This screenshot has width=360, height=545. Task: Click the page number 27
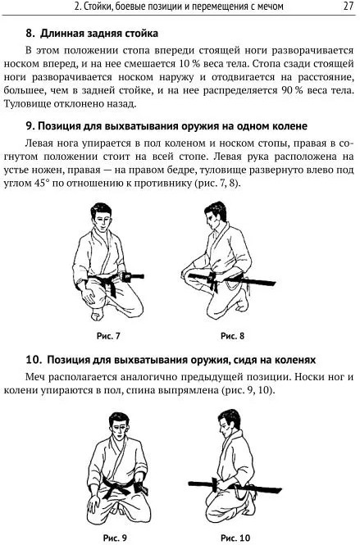point(348,7)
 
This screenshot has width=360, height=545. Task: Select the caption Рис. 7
point(108,336)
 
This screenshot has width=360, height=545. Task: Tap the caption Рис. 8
point(232,336)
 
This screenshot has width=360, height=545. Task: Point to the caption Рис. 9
point(115,538)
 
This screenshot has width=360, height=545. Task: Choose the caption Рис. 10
point(235,538)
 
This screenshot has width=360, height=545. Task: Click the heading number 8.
point(30,34)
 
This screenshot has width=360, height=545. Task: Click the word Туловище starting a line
point(25,104)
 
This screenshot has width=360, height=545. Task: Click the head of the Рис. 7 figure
point(101,216)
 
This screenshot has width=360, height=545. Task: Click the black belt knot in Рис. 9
point(116,485)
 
